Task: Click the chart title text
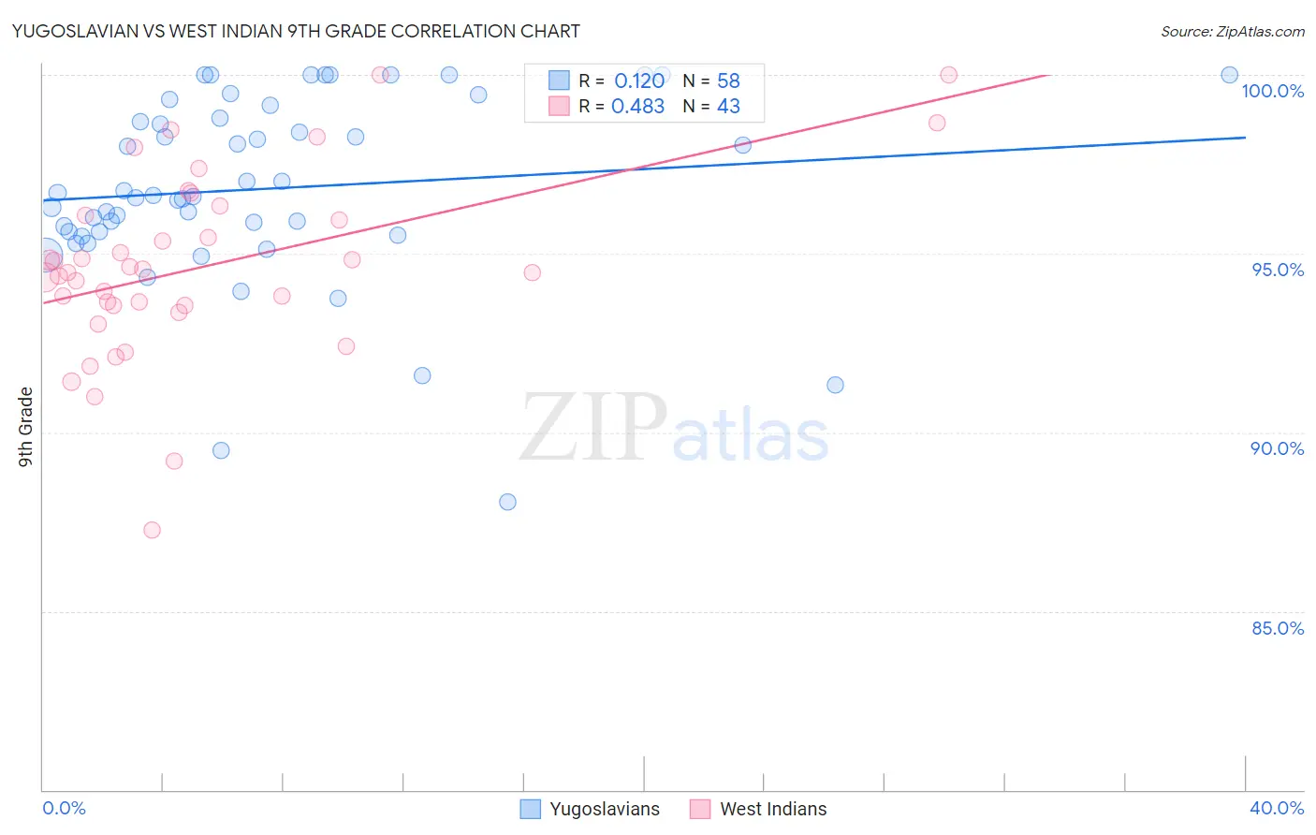coord(296,31)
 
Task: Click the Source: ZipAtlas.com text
coord(1232,31)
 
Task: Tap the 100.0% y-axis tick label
coord(1272,91)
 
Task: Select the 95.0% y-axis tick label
coord(1278,270)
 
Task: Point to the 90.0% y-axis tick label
coord(1278,448)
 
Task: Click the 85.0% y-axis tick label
coord(1278,628)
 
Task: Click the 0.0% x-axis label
coord(64,808)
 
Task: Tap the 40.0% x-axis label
coord(1276,808)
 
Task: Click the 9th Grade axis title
coord(25,427)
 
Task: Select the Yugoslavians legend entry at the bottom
coord(590,809)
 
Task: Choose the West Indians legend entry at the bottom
coord(759,809)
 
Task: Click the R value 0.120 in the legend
coord(639,81)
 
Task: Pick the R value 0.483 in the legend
coord(637,107)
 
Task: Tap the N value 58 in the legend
coord(728,81)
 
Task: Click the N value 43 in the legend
coord(728,107)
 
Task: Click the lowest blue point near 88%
coord(507,502)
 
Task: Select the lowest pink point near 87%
coord(152,530)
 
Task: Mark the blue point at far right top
coord(1229,75)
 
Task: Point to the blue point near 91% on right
coord(835,385)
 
